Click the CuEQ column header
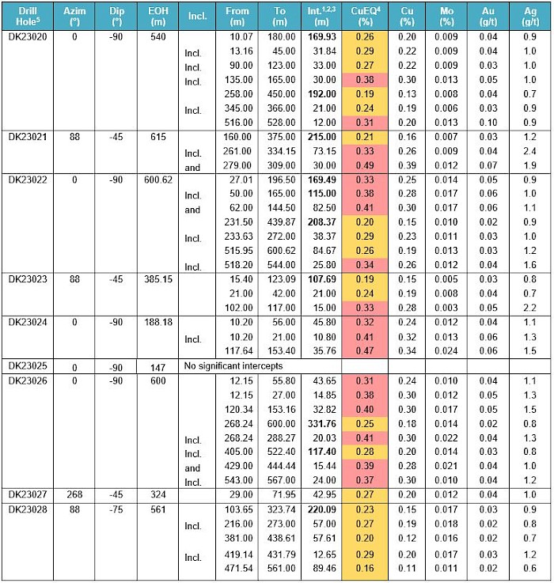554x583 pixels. point(364,17)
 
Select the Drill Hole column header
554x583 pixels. point(25,17)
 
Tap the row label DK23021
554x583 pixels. point(25,135)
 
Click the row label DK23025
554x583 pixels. point(25,366)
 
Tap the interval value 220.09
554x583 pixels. point(320,510)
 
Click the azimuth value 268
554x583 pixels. point(75,495)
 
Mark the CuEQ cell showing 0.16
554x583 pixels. point(364,568)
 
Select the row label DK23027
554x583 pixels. point(25,495)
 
